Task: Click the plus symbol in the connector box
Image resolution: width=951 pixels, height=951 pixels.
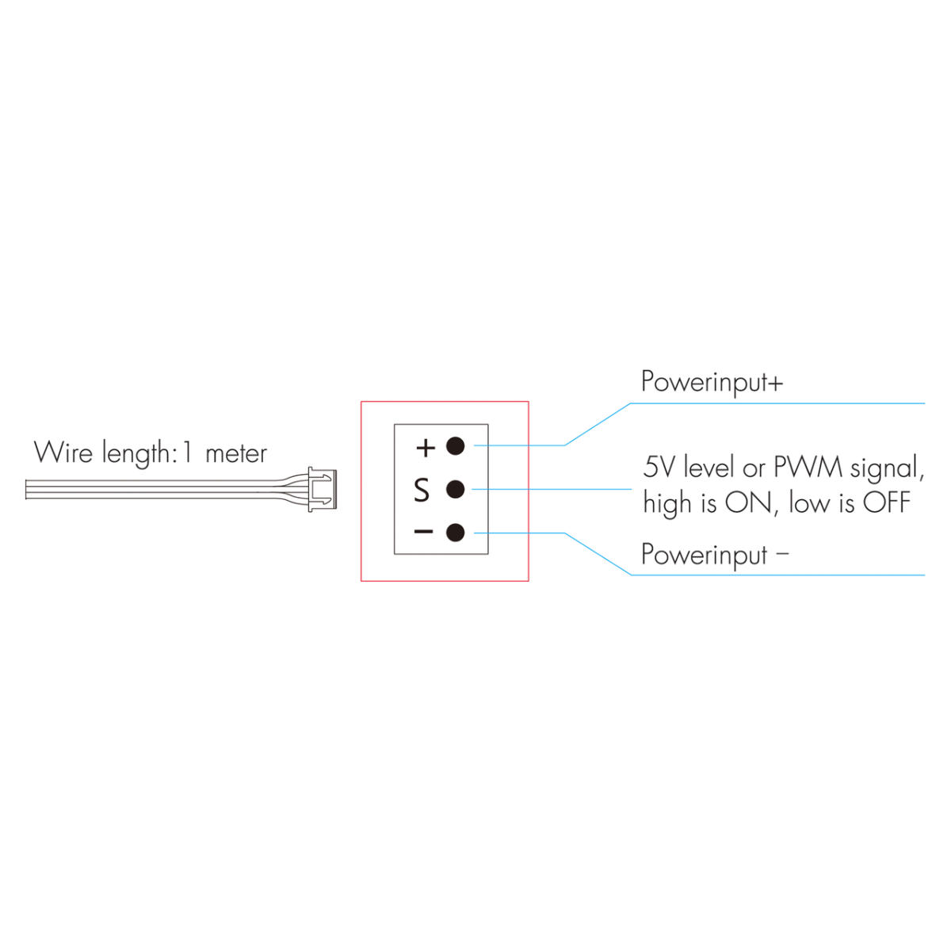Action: point(426,448)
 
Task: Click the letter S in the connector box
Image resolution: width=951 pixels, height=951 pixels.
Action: point(422,491)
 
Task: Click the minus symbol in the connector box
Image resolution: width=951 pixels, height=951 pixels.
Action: point(424,532)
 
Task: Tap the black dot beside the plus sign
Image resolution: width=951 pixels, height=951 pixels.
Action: point(455,446)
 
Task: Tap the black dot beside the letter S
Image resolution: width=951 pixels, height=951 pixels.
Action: point(455,490)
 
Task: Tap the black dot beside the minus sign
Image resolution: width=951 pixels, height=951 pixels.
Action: point(455,533)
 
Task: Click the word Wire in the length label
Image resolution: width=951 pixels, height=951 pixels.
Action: point(63,453)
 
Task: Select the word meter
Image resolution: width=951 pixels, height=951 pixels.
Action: point(236,454)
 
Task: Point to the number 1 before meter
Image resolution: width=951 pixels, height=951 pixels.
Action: point(187,453)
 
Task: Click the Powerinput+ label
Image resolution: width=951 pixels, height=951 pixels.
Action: point(712,382)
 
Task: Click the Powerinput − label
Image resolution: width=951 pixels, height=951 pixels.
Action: point(714,555)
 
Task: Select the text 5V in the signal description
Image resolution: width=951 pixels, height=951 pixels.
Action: point(659,467)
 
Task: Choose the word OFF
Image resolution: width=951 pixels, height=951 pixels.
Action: point(887,502)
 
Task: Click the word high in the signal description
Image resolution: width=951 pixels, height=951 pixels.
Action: point(666,504)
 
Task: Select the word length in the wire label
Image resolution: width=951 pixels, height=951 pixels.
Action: point(136,454)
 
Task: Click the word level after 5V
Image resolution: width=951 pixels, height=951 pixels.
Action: point(709,467)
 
